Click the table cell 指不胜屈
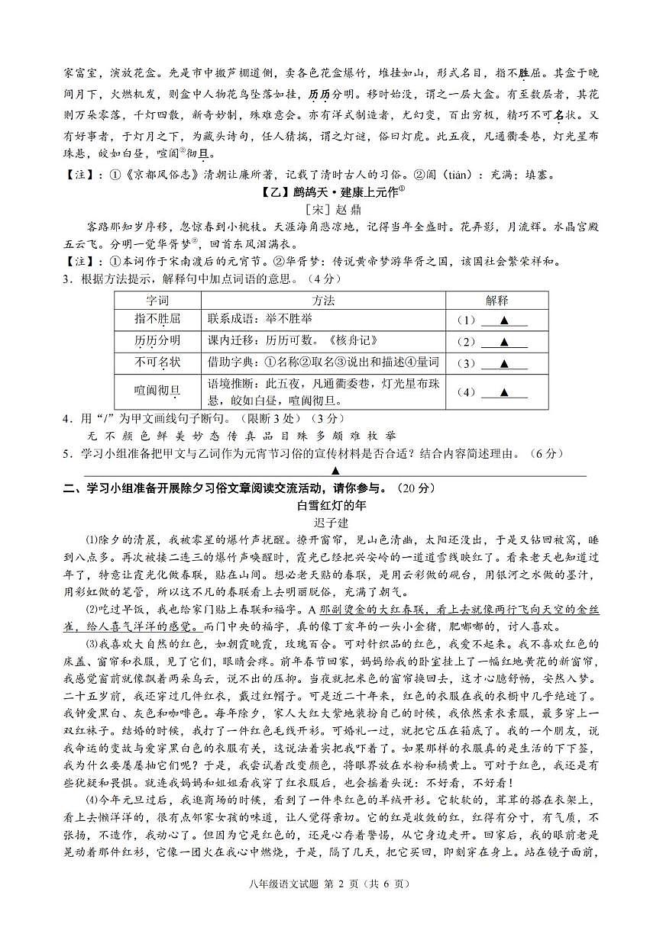click(157, 320)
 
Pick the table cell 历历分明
click(157, 340)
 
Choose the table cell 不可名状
click(157, 362)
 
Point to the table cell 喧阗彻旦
click(157, 391)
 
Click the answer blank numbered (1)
click(503, 320)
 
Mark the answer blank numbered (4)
click(503, 392)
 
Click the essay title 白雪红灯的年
click(331, 505)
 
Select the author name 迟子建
click(331, 523)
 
